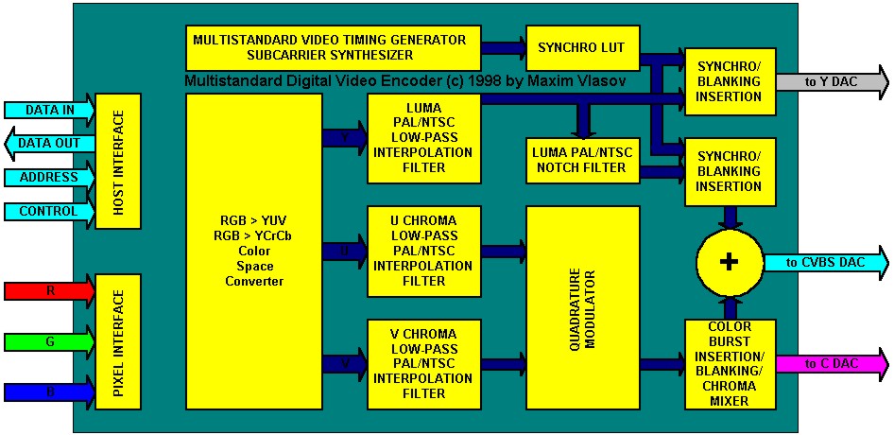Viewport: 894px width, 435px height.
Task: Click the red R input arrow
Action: point(49,290)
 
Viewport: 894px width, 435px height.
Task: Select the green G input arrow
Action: point(49,341)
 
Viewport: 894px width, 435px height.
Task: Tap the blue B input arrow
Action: point(49,391)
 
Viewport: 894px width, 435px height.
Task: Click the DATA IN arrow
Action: point(49,110)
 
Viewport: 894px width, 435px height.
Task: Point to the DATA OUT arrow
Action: point(49,144)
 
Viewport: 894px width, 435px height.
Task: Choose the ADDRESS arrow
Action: point(49,178)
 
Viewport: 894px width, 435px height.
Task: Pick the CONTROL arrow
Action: point(49,212)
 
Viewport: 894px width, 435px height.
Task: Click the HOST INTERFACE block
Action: point(118,161)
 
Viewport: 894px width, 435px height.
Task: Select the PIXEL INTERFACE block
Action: point(118,341)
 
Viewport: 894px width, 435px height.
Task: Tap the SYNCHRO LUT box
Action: point(580,47)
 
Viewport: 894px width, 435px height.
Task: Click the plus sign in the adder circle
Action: point(729,263)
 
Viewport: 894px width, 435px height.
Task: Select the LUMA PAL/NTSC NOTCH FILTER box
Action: point(580,161)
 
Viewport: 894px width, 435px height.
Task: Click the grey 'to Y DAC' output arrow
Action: point(832,82)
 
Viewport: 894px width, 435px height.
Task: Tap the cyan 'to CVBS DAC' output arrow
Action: point(832,262)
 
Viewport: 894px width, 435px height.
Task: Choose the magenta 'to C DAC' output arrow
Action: point(832,364)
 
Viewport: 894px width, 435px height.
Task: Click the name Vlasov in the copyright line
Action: point(603,83)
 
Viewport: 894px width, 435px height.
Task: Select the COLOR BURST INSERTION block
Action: point(729,364)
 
